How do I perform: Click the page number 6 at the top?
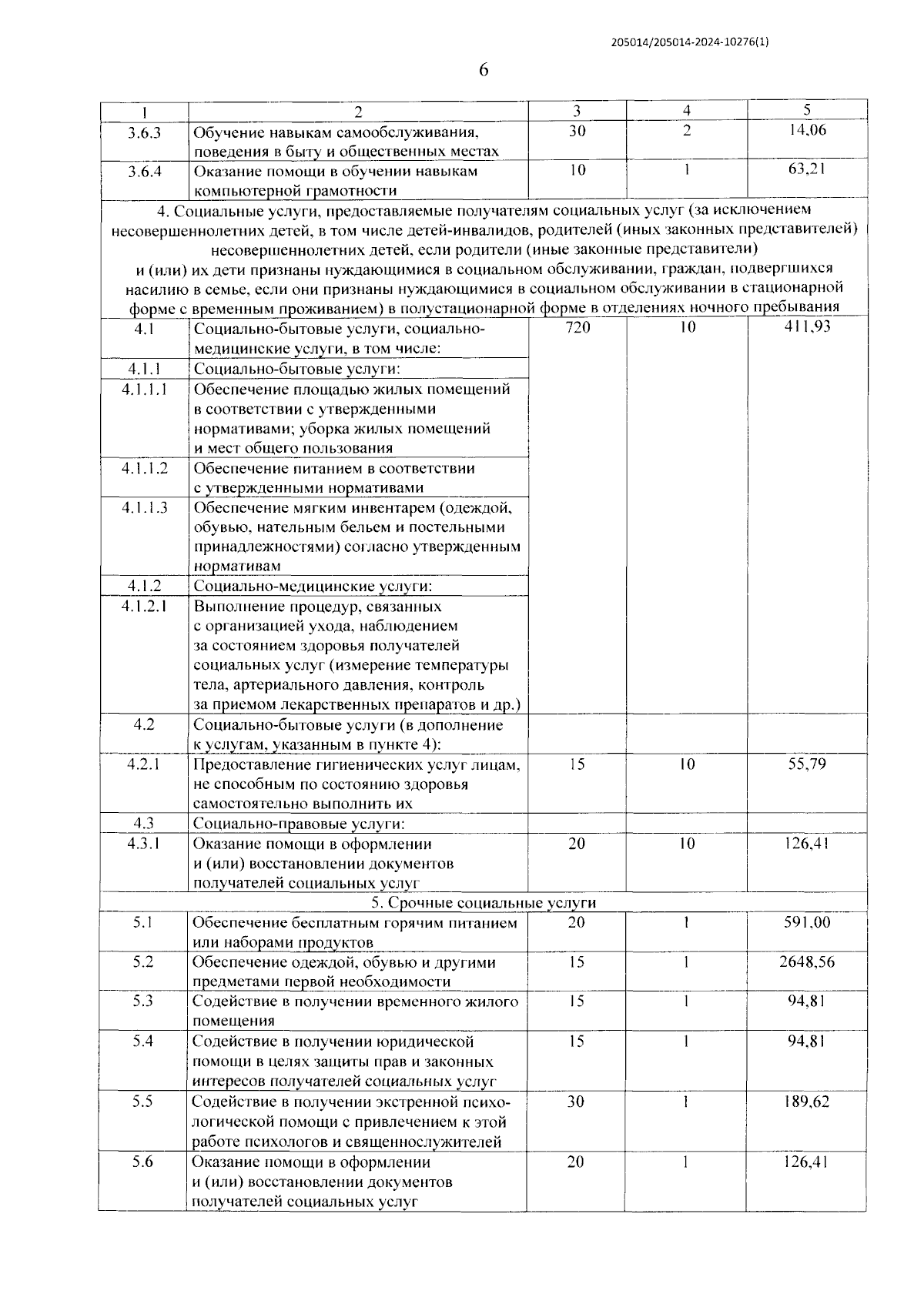pos(484,70)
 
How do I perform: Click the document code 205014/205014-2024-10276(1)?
pos(689,43)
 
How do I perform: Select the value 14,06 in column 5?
pos(807,130)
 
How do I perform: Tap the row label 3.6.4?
pos(144,171)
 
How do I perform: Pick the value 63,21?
pos(807,169)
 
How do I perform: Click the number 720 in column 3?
pos(577,327)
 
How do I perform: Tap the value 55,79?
pos(807,764)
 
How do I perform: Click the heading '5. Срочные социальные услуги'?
pos(484,903)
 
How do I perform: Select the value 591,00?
pos(807,922)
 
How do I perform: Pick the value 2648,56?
pos(807,962)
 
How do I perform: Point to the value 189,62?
pos(807,1102)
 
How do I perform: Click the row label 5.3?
pos(142,1001)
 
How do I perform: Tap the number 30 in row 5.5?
pos(576,1102)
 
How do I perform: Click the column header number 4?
pos(687,111)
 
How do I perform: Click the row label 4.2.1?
pos(144,764)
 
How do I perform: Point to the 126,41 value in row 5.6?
pos(807,1162)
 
